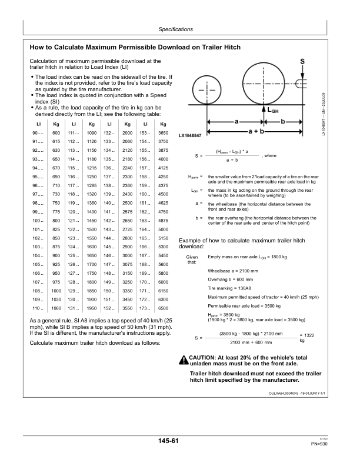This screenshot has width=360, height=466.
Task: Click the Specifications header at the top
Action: [x=180, y=29]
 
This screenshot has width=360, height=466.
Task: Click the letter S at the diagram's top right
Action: [x=302, y=61]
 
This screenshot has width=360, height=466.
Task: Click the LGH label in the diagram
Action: [x=273, y=110]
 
